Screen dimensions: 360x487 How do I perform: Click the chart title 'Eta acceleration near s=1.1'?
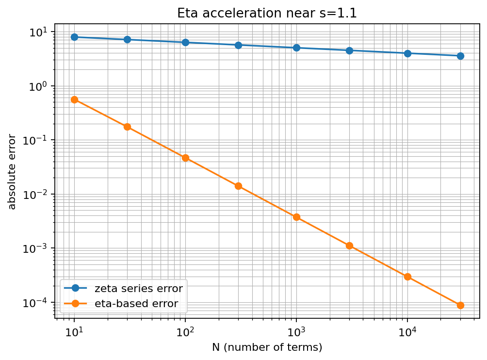(267, 13)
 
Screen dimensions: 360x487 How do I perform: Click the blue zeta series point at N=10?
(74, 37)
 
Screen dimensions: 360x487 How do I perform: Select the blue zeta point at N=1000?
(296, 48)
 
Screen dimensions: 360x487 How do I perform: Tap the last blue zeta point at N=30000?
(460, 56)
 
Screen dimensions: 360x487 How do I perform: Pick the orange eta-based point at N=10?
(74, 99)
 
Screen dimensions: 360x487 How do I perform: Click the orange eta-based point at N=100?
(185, 158)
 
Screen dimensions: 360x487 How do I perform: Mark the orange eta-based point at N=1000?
(296, 217)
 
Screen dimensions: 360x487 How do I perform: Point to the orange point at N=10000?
(407, 277)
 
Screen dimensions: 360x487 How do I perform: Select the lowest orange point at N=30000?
(460, 305)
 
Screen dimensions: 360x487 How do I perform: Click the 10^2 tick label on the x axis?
(185, 332)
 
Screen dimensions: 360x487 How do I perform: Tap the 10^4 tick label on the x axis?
(407, 332)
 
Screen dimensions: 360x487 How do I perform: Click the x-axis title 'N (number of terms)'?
(267, 347)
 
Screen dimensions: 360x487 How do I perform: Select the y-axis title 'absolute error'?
(12, 172)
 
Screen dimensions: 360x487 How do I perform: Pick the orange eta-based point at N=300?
(238, 186)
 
